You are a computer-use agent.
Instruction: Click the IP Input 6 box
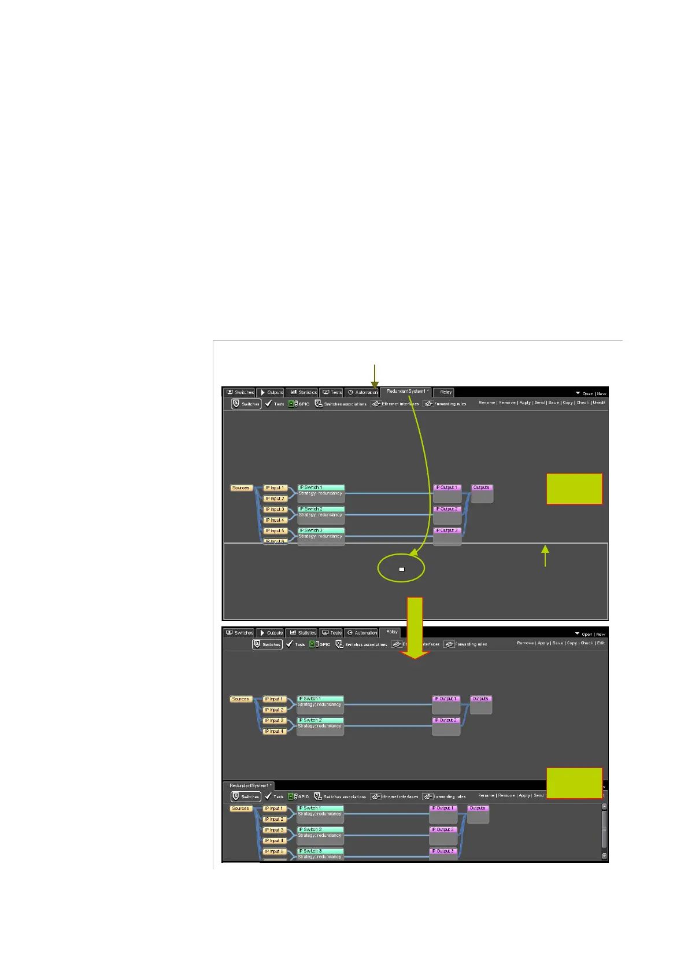point(275,541)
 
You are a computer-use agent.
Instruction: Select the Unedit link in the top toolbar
point(598,403)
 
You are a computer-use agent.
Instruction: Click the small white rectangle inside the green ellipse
point(401,569)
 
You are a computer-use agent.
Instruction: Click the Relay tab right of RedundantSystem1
point(446,392)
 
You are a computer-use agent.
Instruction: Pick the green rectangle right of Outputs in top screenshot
point(574,489)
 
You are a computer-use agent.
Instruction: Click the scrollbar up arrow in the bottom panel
point(604,806)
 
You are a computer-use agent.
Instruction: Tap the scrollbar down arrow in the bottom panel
point(604,856)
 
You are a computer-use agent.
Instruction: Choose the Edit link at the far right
point(601,643)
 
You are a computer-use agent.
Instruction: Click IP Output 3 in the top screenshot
point(447,530)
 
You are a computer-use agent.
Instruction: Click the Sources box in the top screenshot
point(241,488)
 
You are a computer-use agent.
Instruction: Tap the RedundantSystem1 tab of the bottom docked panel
point(250,785)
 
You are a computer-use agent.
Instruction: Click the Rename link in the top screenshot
point(486,403)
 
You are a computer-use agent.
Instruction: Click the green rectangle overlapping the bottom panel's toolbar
point(574,783)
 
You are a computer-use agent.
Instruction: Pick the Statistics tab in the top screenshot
point(304,392)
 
